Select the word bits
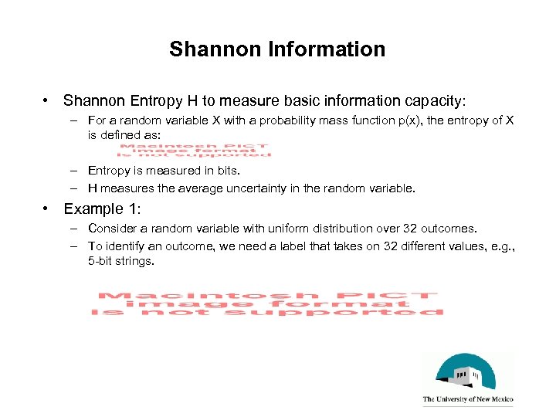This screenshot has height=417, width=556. tap(227, 171)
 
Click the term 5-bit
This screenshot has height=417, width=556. tap(101, 261)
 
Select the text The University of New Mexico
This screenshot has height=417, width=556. tap(467, 400)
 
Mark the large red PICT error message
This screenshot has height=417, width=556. tap(267, 303)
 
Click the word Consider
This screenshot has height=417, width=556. tap(111, 229)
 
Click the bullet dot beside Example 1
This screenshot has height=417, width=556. tap(48, 209)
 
